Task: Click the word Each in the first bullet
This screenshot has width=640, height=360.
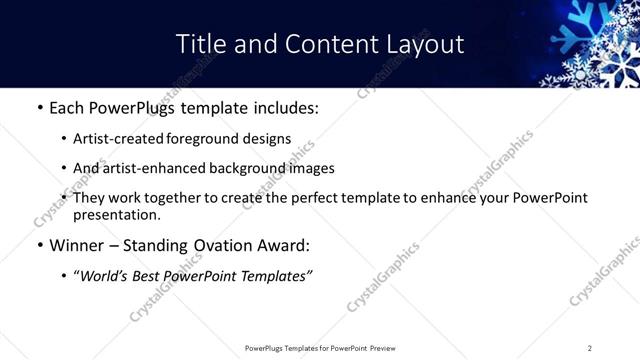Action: click(68, 106)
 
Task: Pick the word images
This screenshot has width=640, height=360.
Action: click(311, 168)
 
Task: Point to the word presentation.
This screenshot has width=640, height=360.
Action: click(116, 214)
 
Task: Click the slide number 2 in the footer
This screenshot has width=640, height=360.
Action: click(589, 348)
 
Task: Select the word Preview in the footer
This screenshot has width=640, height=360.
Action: click(382, 348)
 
